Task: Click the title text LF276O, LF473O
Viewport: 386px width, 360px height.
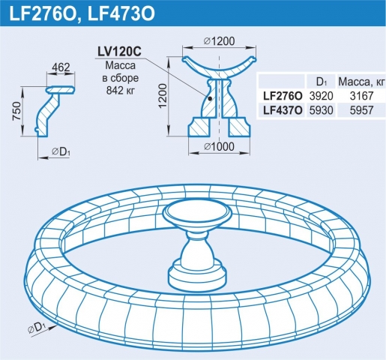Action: click(82, 14)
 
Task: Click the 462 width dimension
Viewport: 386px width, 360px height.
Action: click(61, 67)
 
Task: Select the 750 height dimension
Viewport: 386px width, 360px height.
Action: click(17, 111)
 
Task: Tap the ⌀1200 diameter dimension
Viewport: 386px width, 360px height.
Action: click(219, 41)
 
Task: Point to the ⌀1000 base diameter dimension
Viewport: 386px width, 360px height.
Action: click(219, 147)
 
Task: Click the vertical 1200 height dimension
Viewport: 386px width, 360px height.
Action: click(163, 96)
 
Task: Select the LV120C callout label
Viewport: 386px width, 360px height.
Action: click(119, 52)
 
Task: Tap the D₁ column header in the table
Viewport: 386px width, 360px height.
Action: click(321, 82)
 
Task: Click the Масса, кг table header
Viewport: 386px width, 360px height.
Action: click(361, 82)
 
